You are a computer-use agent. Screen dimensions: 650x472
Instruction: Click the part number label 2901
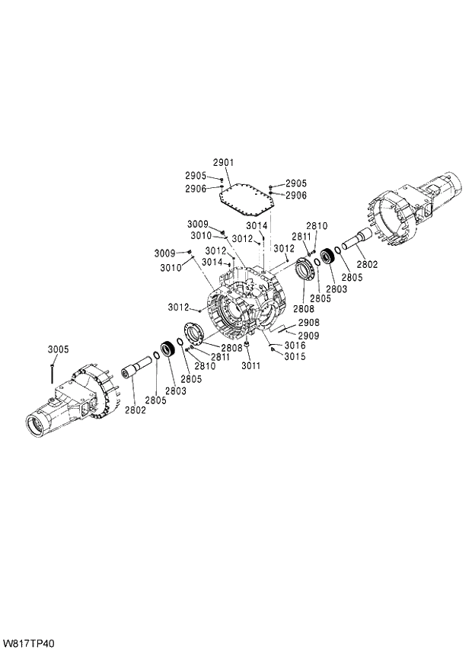click(x=223, y=162)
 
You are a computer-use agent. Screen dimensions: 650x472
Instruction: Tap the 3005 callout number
click(x=58, y=349)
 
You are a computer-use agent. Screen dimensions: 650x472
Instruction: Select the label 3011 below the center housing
click(x=250, y=366)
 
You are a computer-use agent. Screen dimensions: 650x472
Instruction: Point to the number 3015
click(x=295, y=356)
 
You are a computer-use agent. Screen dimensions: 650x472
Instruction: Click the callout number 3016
click(x=295, y=346)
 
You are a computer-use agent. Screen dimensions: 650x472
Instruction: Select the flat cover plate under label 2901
click(x=247, y=200)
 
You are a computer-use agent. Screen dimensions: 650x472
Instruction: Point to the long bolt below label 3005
click(x=49, y=371)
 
